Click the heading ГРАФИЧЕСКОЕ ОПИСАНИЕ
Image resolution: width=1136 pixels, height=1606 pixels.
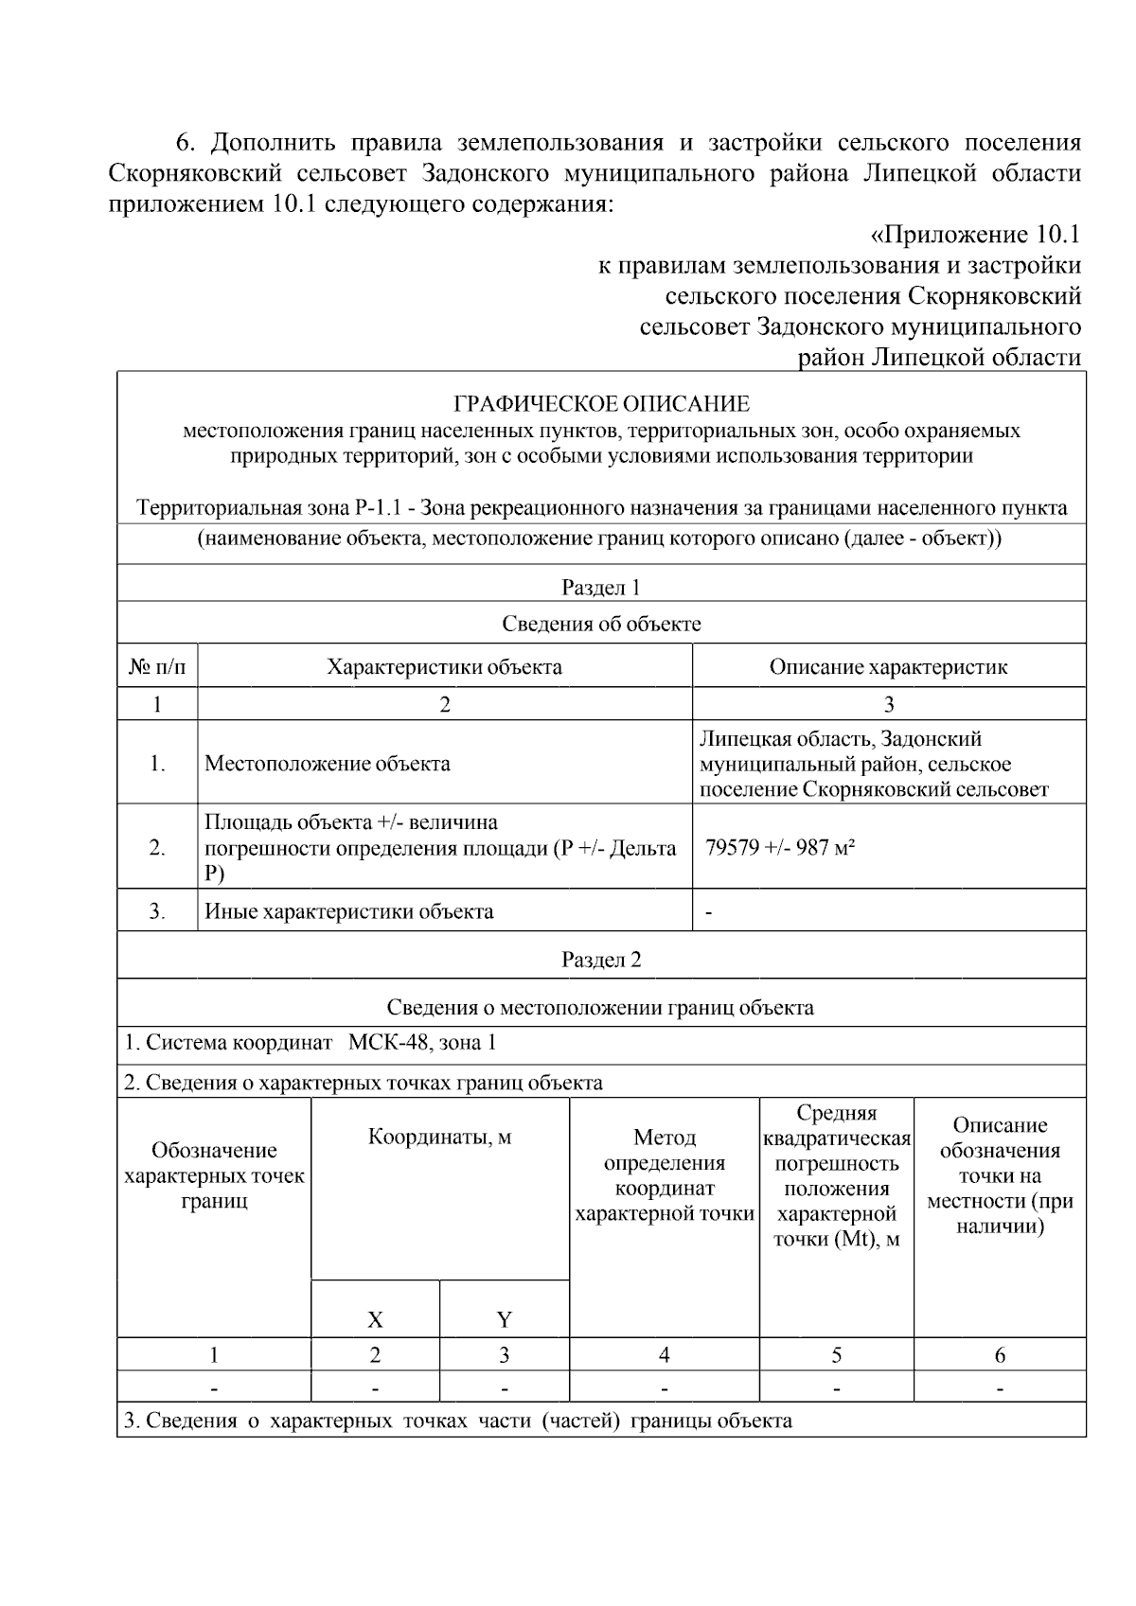coord(601,404)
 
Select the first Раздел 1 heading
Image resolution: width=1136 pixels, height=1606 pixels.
coord(601,588)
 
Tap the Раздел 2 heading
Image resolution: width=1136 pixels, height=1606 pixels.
coord(601,960)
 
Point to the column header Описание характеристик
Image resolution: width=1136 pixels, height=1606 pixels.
coord(888,667)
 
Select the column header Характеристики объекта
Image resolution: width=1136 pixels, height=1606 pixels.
coord(444,667)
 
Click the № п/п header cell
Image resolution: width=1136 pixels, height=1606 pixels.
coord(157,667)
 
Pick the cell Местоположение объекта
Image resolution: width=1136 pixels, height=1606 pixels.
coord(328,764)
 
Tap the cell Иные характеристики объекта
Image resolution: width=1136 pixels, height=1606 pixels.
coord(349,912)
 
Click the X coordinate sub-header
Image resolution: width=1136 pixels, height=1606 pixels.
coord(375,1319)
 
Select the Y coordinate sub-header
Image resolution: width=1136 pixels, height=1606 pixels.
coord(504,1319)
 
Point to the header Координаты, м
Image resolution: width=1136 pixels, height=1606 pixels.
coord(439,1138)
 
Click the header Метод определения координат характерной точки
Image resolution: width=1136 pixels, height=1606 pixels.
coord(665,1175)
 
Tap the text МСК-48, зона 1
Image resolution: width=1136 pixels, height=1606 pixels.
coord(422,1043)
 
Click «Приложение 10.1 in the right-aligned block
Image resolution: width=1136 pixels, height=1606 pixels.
coord(974,234)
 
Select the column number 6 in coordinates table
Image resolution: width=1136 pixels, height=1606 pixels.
coord(1000,1355)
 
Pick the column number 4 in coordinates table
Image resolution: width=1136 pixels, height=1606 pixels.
coord(665,1355)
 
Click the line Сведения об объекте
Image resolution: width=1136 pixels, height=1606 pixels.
coord(601,624)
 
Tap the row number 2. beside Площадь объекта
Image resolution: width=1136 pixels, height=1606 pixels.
coord(157,848)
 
